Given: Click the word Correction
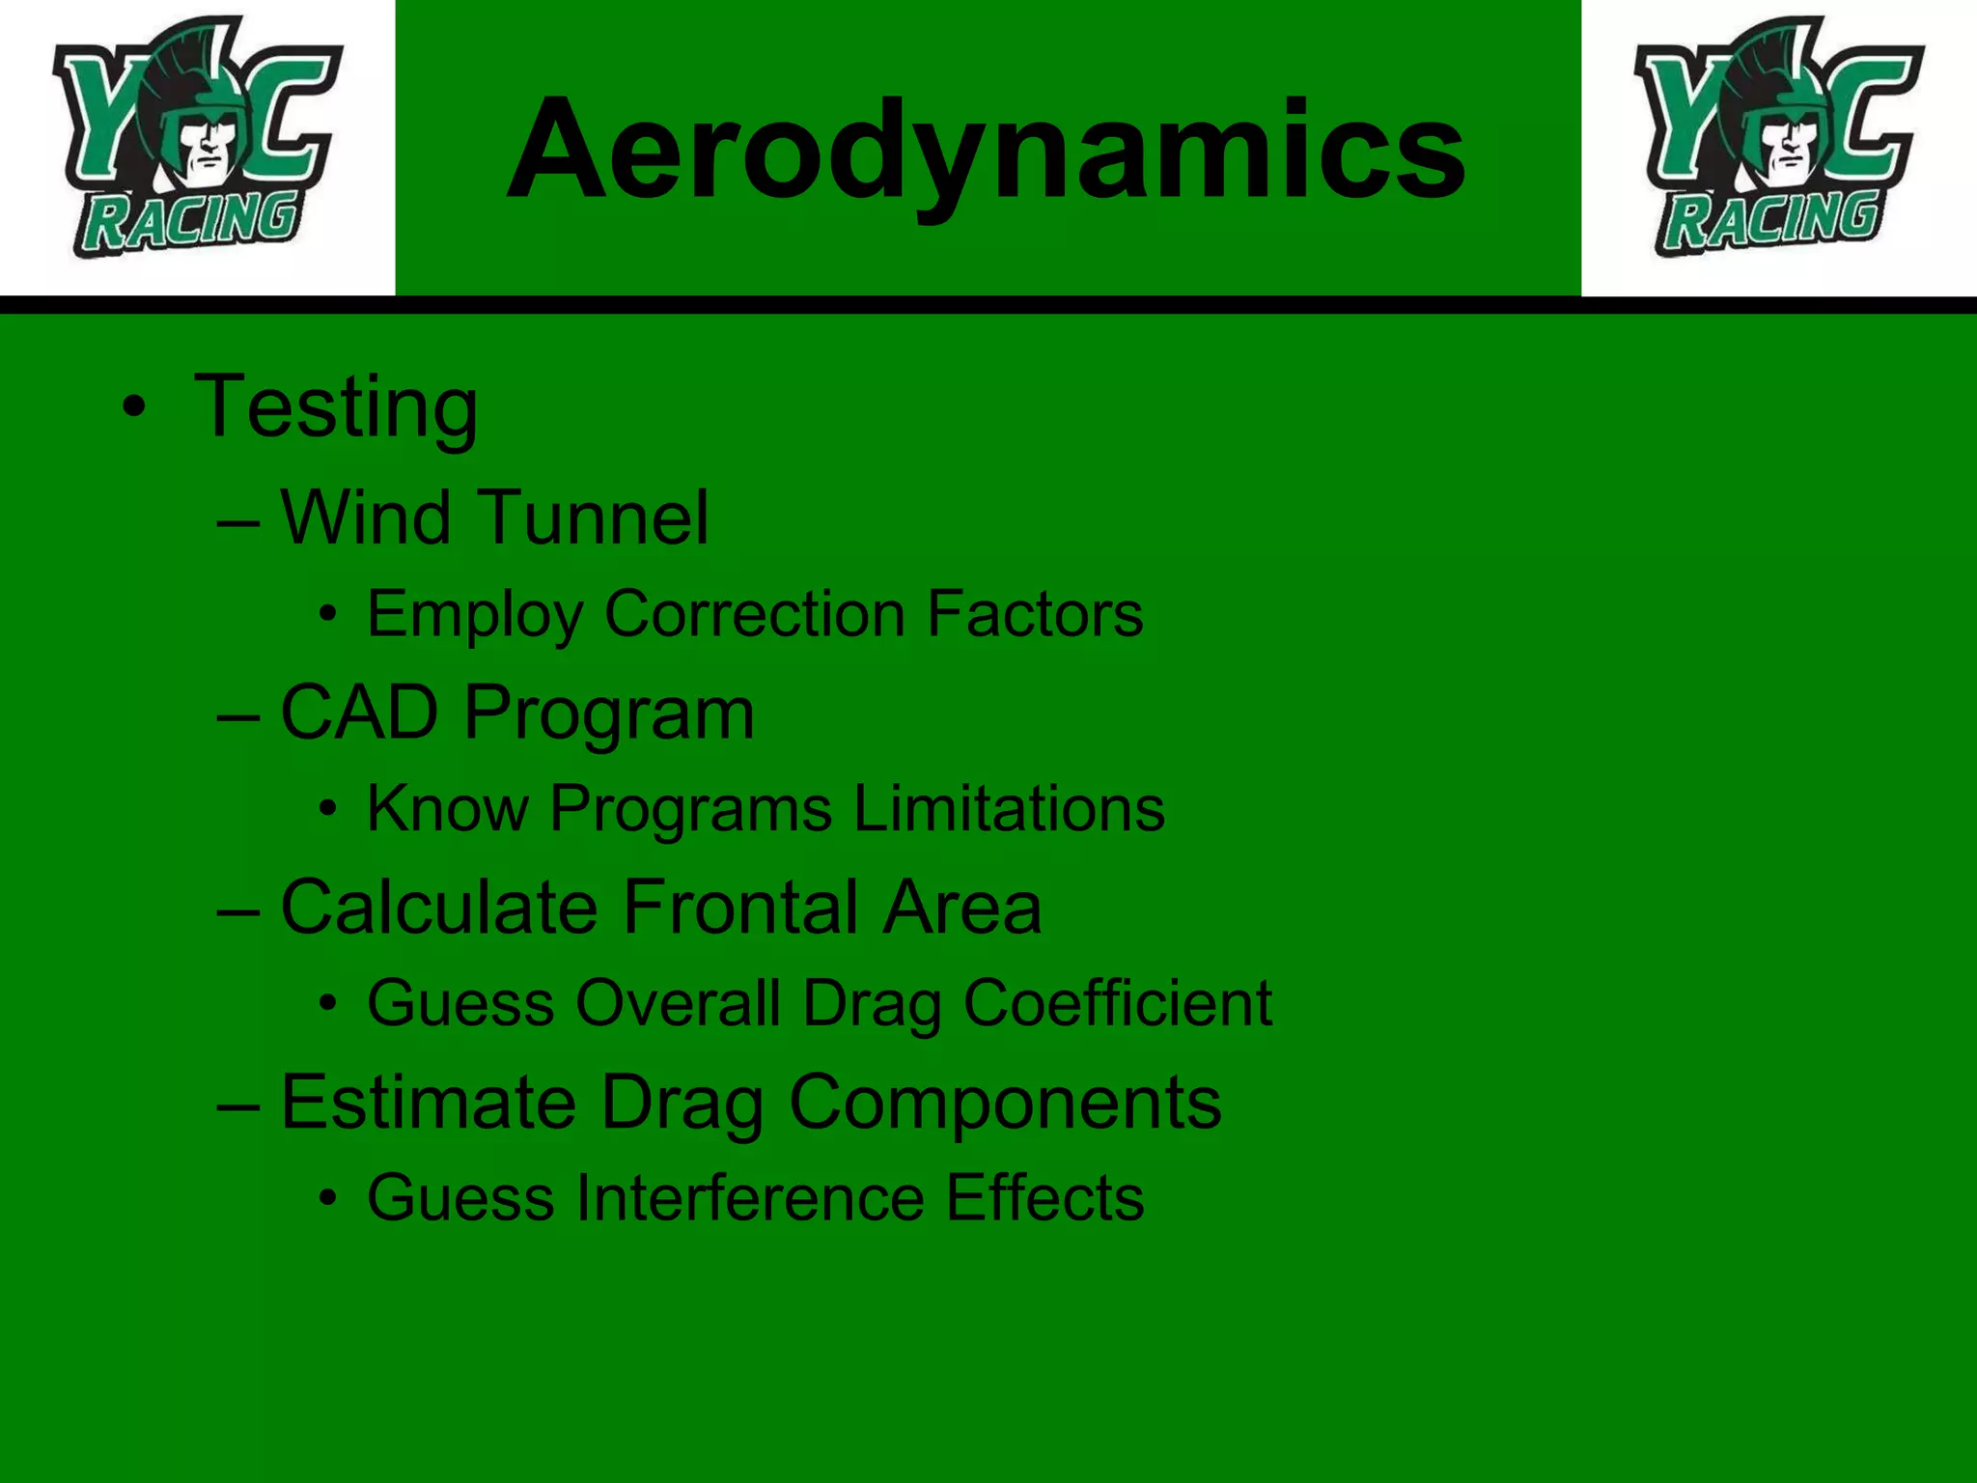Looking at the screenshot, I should tap(755, 614).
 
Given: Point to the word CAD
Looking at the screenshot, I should tap(359, 714).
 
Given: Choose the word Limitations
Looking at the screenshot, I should tap(1009, 808).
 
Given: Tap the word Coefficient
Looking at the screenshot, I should tap(1118, 1003).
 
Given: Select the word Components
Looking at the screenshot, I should tap(1005, 1103).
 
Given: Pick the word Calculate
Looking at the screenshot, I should tap(439, 908).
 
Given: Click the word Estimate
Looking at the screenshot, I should tap(429, 1103).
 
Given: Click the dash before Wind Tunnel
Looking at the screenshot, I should tap(238, 522).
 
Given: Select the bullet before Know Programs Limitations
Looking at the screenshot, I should tap(329, 809).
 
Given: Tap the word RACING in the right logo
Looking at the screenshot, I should tap(1772, 220).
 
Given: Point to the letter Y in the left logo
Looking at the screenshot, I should tap(101, 116).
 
